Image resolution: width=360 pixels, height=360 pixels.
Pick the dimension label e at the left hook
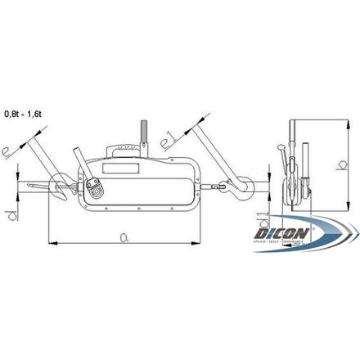[x=10, y=151]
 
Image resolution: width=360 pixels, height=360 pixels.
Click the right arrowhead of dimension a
[x=197, y=243]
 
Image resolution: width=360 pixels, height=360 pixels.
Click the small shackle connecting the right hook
[x=218, y=187]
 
